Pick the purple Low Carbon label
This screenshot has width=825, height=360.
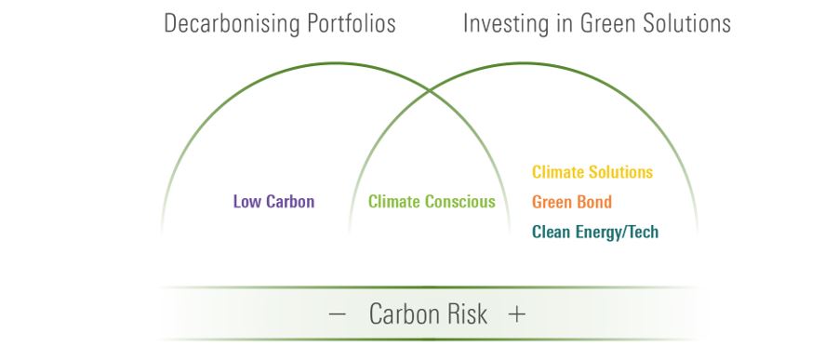click(274, 202)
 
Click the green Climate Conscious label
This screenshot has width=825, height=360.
click(432, 202)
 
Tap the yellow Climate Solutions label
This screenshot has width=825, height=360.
click(592, 172)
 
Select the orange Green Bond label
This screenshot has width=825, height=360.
click(572, 202)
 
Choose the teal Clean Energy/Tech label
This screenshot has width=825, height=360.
click(595, 233)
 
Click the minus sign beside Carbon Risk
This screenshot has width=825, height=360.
click(337, 314)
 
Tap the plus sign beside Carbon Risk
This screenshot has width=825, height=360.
click(517, 314)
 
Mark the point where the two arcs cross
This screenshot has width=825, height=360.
click(430, 91)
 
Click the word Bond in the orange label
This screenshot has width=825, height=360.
click(593, 202)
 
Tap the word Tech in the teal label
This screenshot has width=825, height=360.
click(643, 233)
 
